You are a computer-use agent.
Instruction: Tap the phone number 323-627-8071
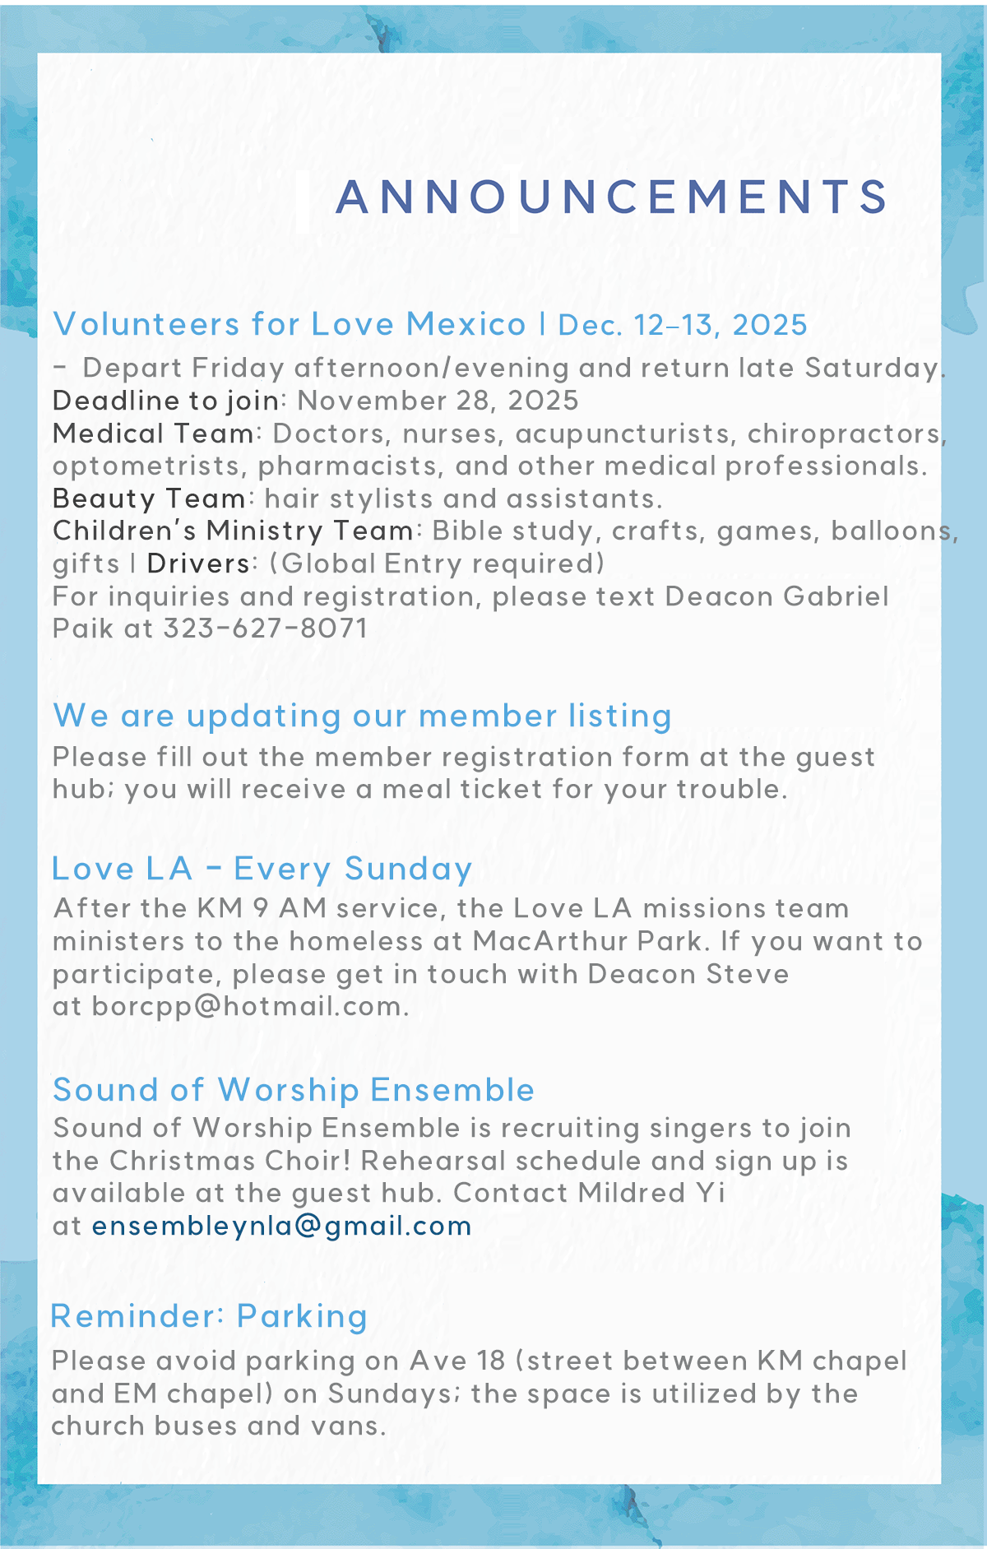point(265,628)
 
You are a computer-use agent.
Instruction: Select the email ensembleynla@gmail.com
point(281,1226)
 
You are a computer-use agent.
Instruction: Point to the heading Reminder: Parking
point(209,1316)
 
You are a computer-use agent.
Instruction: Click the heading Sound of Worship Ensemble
point(294,1090)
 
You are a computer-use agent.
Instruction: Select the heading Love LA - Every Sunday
point(262,869)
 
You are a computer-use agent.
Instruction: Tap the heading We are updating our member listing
point(362,716)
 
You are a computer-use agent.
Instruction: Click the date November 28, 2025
point(438,401)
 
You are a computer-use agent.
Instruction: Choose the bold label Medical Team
point(154,434)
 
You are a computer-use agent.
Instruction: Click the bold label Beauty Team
point(149,499)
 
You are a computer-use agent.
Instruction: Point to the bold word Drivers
point(198,563)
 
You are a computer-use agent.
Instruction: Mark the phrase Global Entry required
point(437,563)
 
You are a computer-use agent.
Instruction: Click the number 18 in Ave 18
point(491,1361)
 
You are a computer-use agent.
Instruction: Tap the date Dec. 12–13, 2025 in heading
point(683,325)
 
